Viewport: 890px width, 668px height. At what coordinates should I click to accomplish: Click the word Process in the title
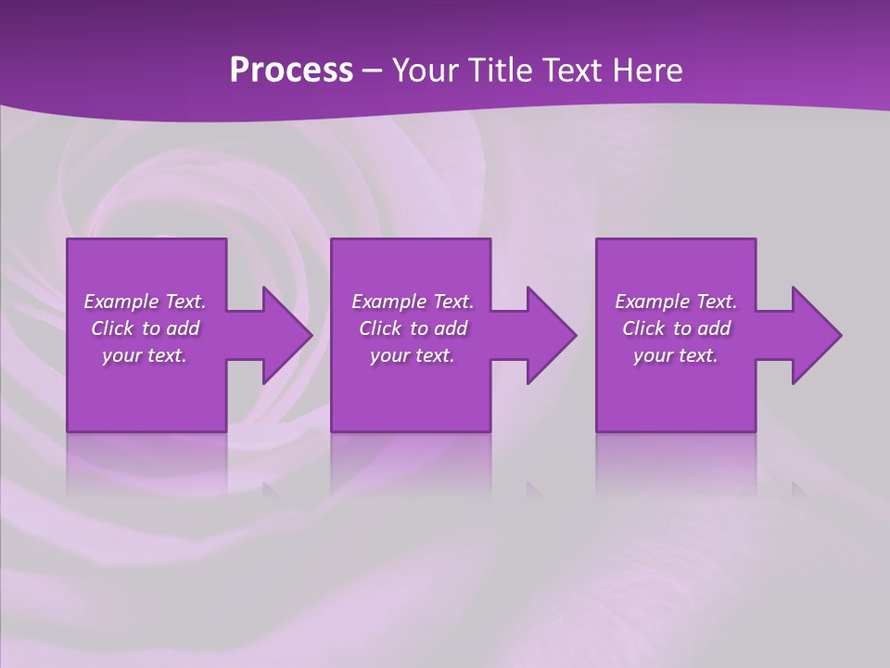(291, 71)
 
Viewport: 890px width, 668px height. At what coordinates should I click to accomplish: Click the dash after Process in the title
(373, 71)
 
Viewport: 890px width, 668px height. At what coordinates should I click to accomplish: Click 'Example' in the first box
(121, 302)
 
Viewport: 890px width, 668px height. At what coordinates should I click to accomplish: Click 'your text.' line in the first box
(145, 355)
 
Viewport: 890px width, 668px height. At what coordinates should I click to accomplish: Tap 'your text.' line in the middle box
(413, 355)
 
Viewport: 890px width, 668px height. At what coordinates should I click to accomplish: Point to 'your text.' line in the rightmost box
(676, 355)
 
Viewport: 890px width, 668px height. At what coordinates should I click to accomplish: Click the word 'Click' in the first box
(111, 328)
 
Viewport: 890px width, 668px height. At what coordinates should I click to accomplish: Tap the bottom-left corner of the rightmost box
(597, 430)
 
